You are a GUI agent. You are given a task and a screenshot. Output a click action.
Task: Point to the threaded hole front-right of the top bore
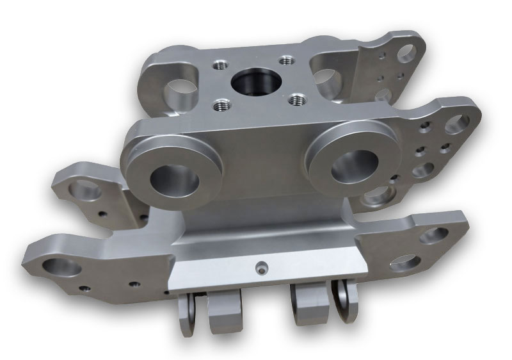point(295,99)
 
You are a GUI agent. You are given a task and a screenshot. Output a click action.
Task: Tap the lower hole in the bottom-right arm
point(404,262)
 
